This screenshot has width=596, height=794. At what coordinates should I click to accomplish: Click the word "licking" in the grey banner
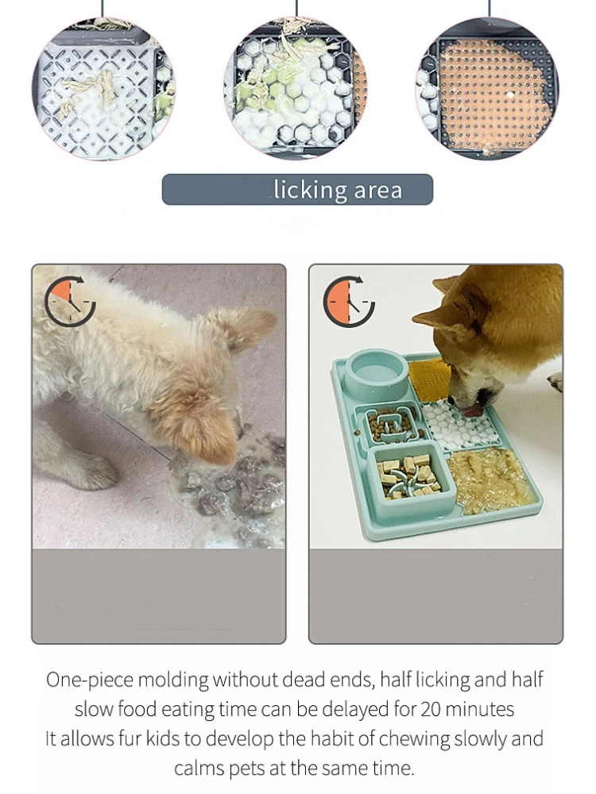click(x=310, y=190)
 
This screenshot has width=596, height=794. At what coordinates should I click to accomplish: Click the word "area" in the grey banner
click(x=377, y=191)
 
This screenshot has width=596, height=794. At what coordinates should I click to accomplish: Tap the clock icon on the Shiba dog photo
click(x=349, y=302)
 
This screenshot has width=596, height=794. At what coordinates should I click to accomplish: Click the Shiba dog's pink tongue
click(x=472, y=409)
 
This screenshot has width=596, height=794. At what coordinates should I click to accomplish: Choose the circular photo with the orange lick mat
click(x=488, y=90)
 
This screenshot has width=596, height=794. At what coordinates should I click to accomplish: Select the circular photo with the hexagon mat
click(x=296, y=89)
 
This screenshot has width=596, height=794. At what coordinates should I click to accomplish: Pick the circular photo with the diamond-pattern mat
click(x=103, y=89)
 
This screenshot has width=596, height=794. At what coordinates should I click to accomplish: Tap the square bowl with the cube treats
click(x=411, y=476)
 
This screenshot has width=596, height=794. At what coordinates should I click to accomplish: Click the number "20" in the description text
click(x=431, y=709)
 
